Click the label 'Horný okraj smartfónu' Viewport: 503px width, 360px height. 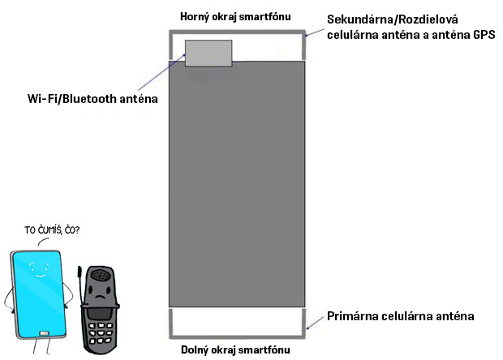236,17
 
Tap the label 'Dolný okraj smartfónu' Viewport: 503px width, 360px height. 235,350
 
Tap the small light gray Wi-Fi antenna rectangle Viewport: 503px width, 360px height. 209,54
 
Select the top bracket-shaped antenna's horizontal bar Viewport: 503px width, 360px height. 236,32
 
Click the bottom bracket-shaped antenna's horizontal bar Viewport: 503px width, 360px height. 236,336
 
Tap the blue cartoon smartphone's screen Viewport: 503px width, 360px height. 37,292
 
